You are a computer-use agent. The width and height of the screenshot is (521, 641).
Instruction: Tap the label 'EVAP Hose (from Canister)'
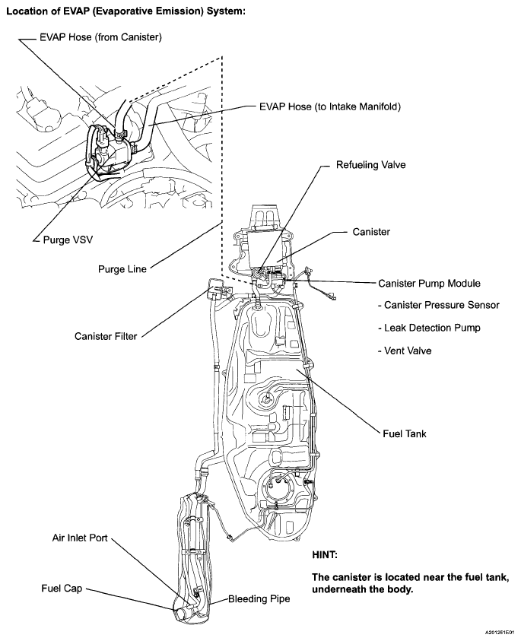tap(102, 36)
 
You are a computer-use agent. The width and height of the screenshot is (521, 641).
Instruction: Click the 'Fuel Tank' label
tap(405, 433)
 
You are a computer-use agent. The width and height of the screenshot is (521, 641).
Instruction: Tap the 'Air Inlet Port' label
tap(80, 538)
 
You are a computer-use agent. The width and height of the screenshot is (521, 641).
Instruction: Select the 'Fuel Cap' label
tap(62, 589)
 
